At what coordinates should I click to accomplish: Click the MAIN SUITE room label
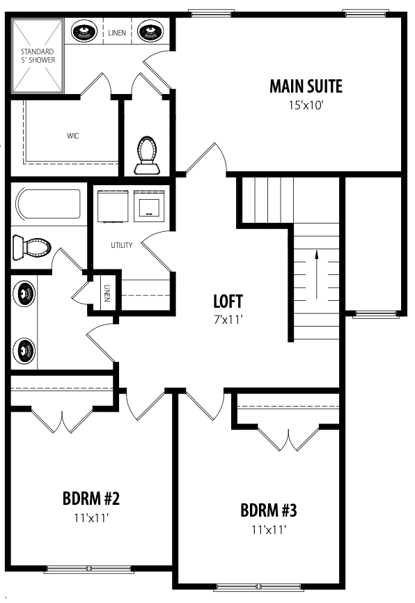point(306,86)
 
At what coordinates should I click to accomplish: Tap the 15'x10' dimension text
point(306,105)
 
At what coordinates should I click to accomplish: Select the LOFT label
point(228,301)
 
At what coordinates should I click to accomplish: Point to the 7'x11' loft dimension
point(228,319)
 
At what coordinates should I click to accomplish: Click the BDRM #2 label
point(91,499)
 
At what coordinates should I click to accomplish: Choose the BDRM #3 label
point(269,510)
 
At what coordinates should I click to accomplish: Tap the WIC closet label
point(72,136)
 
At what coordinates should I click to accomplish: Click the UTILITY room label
point(122,245)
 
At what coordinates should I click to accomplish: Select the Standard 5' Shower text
point(38,56)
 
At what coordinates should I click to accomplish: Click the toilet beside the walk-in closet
point(148,156)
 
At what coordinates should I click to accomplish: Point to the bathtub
point(48,203)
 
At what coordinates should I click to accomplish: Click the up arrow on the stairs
point(316,274)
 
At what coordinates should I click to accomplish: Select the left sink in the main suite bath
point(84,31)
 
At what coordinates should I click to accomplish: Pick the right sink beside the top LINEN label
point(150,31)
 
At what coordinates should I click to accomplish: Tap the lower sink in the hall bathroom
point(24,350)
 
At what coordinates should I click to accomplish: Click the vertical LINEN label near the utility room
point(107,293)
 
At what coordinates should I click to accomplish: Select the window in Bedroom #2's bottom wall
point(89,569)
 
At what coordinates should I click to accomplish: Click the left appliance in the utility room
point(112,206)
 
